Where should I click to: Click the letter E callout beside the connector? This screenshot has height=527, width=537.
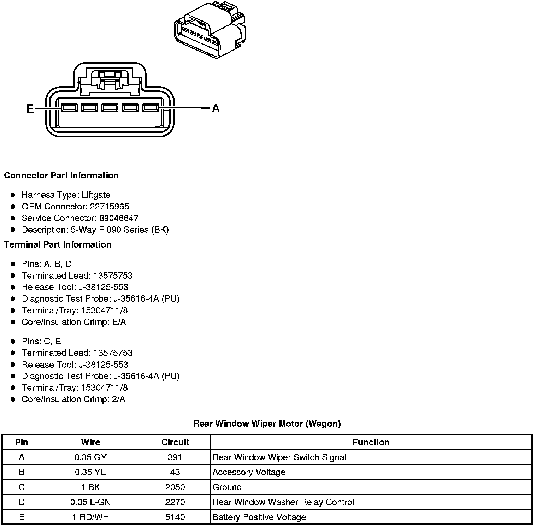30,108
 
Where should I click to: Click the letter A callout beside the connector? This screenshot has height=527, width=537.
216,108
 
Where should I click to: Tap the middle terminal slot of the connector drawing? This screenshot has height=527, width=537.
110,108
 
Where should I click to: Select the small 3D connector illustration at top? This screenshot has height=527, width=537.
210,30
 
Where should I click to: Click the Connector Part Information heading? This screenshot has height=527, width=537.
61,176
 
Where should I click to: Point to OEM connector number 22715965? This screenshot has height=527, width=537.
109,206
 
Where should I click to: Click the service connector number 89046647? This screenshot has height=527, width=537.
119,218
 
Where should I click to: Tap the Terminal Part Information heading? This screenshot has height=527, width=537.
58,244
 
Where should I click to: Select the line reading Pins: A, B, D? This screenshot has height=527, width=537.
46,264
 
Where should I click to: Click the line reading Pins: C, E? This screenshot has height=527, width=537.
41,341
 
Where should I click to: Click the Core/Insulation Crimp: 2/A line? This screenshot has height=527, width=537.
73,399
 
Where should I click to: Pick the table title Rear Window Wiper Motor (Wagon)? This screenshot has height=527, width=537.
267,424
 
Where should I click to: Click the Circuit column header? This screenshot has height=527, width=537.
175,442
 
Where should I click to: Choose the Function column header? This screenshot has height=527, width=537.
371,442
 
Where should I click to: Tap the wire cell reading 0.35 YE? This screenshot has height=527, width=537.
90,472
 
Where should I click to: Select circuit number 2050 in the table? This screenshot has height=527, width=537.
175,487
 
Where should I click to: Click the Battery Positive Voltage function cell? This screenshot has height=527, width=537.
259,517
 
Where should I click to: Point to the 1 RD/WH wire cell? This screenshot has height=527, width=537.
90,517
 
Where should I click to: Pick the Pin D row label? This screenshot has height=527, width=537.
22,502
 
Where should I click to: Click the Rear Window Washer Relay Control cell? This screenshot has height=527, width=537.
283,502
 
